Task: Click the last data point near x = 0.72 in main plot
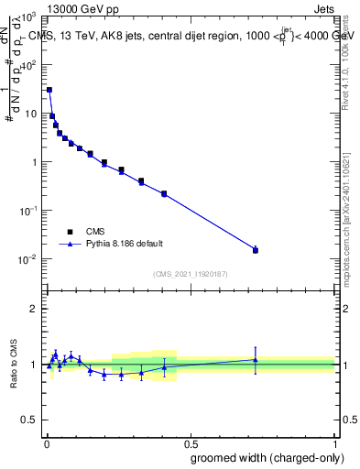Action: coord(256,249)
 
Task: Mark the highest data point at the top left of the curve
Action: coord(49,90)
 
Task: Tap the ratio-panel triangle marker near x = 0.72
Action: coord(256,359)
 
